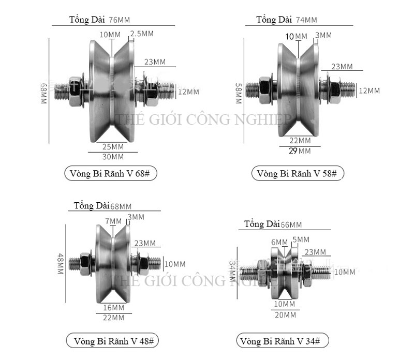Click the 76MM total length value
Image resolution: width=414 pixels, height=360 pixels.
[120, 20]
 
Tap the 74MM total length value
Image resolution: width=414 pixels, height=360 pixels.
[306, 20]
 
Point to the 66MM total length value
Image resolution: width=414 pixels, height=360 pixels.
[291, 224]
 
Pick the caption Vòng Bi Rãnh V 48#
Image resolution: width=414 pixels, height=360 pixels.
[112, 341]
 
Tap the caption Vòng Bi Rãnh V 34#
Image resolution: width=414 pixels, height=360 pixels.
[282, 341]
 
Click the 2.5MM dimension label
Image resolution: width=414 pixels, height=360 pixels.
[142, 34]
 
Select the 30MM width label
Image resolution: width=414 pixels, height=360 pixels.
[113, 156]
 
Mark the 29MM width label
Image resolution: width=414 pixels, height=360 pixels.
[301, 151]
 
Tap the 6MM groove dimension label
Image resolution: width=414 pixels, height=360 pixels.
[279, 242]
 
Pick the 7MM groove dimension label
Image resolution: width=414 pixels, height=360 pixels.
[113, 221]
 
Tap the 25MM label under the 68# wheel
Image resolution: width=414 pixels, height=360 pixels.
[113, 146]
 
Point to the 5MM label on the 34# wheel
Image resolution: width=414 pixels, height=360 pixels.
[301, 239]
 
